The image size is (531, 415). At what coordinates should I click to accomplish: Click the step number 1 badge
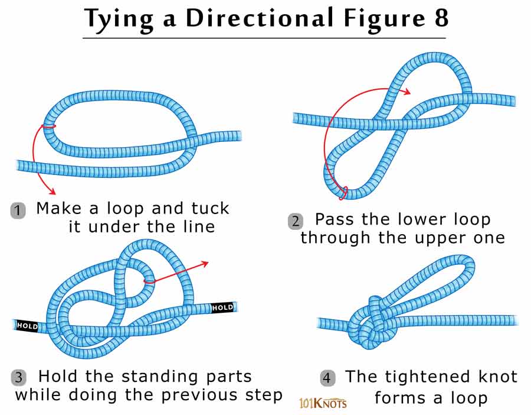click(x=18, y=210)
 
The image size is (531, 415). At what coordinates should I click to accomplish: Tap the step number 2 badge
click(x=296, y=222)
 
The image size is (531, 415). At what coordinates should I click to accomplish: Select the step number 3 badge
click(x=19, y=378)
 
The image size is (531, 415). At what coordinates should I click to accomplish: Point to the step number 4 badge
click(x=327, y=378)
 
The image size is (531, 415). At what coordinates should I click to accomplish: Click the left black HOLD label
click(x=28, y=325)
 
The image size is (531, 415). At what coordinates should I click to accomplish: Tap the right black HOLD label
click(x=222, y=307)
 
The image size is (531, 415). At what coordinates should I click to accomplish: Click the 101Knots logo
click(x=323, y=404)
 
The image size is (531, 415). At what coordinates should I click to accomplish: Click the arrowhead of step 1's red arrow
click(x=53, y=192)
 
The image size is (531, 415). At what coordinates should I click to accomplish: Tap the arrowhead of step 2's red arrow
click(x=407, y=91)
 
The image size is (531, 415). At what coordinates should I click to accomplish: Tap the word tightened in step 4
click(x=434, y=377)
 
